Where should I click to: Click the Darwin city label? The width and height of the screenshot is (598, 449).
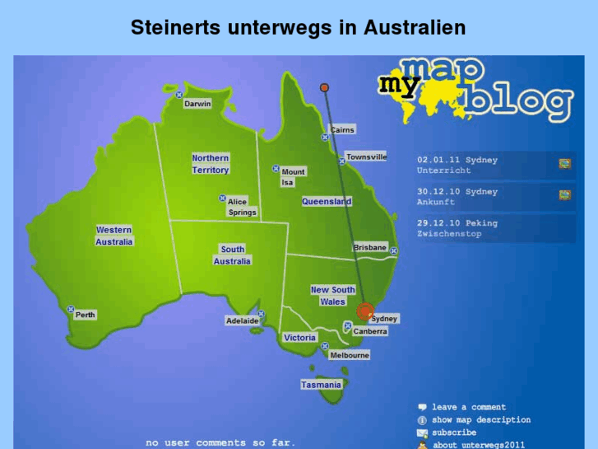197,104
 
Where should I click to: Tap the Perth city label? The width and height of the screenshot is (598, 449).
85,315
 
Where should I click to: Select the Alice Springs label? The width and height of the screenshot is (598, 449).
242,207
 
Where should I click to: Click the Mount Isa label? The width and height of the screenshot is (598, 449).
293,177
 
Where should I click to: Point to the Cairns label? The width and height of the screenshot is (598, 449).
342,130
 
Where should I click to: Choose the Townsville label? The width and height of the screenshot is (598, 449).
366,157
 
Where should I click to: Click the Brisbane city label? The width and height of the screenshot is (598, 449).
369,247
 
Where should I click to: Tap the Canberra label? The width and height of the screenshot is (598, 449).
370,331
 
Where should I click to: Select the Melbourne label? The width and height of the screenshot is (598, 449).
350,355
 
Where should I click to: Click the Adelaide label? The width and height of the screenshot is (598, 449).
242,320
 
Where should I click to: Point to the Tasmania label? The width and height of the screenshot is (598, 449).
321,385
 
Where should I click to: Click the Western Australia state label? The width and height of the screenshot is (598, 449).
114,236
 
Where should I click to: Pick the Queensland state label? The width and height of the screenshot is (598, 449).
327,201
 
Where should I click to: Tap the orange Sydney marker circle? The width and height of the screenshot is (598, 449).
364,311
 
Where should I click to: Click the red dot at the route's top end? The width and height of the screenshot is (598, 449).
324,87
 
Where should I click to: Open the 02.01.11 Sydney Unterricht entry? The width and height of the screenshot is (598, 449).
457,165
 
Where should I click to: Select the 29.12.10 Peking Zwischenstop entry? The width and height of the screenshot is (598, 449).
457,228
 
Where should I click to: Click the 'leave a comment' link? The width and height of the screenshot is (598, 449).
468,407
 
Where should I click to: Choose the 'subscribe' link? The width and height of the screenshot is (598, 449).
453,432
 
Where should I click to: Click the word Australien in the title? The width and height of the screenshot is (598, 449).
413,28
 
